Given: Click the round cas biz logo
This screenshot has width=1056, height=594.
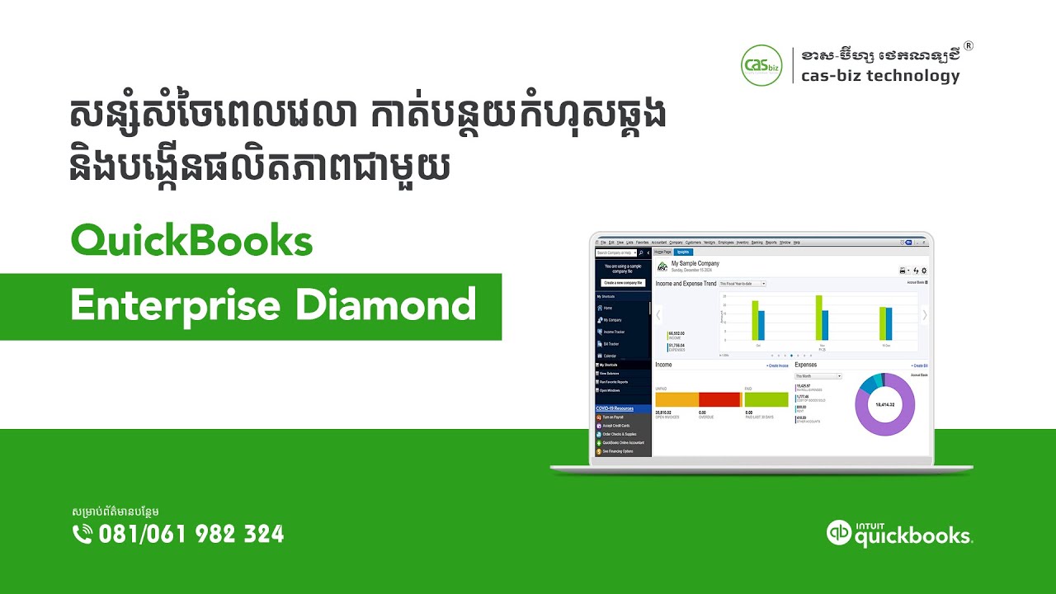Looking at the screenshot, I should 761,66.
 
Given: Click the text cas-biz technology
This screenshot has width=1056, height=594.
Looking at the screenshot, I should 880,77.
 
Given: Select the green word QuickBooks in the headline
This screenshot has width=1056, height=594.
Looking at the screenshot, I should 192,242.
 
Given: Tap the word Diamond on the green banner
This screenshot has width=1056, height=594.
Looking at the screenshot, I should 386,305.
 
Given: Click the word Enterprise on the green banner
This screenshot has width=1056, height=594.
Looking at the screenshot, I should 176,306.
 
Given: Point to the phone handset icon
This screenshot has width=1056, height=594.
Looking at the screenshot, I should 82,535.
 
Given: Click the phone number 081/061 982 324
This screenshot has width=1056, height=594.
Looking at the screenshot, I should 191,535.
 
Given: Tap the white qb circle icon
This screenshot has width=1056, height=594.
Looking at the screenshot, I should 839,533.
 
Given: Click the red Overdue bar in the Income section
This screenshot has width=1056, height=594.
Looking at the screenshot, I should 719,399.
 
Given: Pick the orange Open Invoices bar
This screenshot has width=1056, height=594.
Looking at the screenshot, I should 676,399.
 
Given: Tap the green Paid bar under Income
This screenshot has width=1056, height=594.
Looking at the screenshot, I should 766,399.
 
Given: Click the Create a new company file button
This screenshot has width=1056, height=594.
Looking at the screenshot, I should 623,282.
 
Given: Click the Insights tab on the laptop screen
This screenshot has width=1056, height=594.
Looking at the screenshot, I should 683,252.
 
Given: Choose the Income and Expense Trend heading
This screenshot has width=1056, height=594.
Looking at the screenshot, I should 686,283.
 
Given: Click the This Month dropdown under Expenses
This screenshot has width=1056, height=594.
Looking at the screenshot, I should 818,375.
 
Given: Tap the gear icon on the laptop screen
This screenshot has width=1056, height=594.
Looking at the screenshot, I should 924,271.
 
